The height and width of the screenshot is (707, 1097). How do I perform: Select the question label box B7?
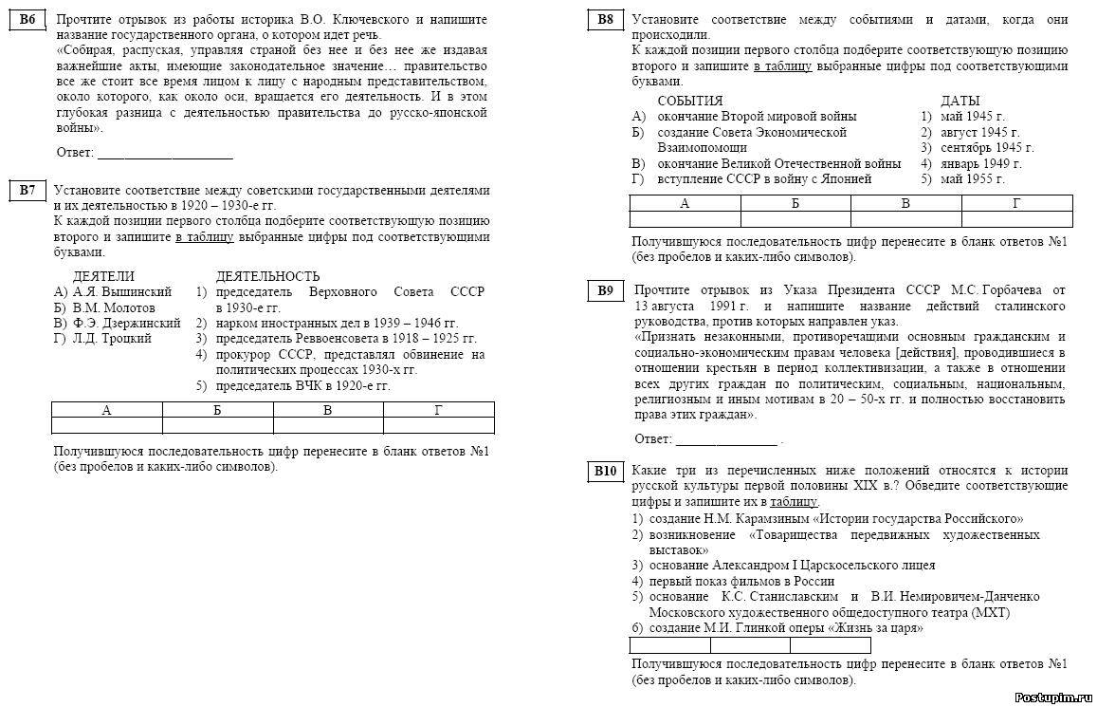(28, 191)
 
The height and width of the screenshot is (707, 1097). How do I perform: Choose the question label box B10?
(606, 471)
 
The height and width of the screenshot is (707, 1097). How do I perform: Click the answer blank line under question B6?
(165, 154)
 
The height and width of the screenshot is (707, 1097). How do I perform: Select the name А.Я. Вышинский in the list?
(121, 292)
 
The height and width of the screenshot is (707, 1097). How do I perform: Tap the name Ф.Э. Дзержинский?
(126, 324)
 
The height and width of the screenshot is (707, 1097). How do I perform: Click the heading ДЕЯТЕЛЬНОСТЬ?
(267, 276)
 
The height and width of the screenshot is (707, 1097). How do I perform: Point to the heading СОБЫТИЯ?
(690, 101)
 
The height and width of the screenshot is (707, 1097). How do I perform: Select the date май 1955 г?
(972, 178)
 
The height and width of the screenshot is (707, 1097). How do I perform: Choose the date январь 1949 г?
(980, 163)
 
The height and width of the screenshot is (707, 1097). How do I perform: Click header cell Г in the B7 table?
(438, 410)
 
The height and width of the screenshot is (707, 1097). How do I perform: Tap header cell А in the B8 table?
(685, 203)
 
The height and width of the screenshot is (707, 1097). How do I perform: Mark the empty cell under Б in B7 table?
(217, 425)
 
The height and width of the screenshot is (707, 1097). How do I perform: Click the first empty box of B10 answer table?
(669, 646)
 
